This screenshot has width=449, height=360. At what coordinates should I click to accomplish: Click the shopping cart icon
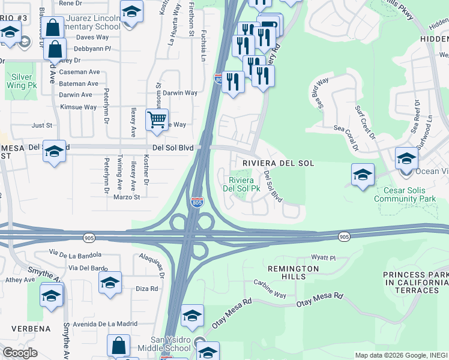[x=157, y=120]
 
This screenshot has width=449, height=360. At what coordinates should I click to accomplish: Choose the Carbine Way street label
[x=270, y=288]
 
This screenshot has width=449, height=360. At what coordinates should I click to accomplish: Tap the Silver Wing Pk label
[x=22, y=82]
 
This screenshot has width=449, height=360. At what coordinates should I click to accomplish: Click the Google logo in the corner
[x=20, y=353]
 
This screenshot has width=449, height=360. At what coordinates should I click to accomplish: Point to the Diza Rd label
[x=146, y=289]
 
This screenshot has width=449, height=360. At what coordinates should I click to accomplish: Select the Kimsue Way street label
[x=78, y=107]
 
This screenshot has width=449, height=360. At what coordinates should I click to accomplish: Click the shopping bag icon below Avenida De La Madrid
[x=118, y=346]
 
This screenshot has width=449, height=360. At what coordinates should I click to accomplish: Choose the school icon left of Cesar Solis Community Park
[x=363, y=175]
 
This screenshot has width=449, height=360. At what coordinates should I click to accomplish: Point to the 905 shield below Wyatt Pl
[x=343, y=237]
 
